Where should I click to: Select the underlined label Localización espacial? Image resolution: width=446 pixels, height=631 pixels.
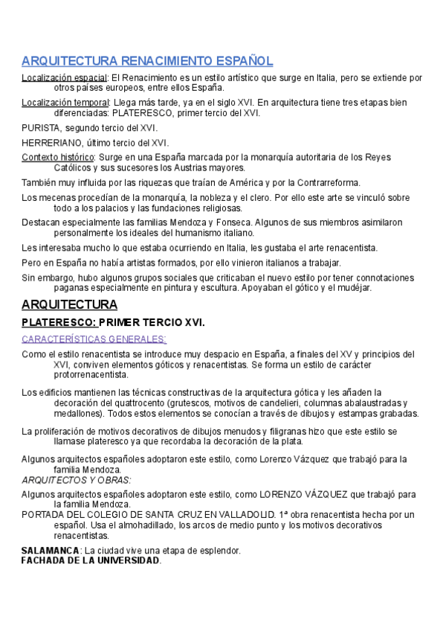pos(64,77)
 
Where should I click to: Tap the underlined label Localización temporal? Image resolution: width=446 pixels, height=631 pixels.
pos(65,103)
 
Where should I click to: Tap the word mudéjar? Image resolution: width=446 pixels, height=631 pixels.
pos(352,288)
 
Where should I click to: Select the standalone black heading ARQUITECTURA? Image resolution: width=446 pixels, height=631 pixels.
pos(69,305)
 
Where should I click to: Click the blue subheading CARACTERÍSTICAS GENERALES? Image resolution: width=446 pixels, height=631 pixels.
pos(94,339)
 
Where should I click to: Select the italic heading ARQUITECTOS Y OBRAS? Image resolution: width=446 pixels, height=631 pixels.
pos(76,480)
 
